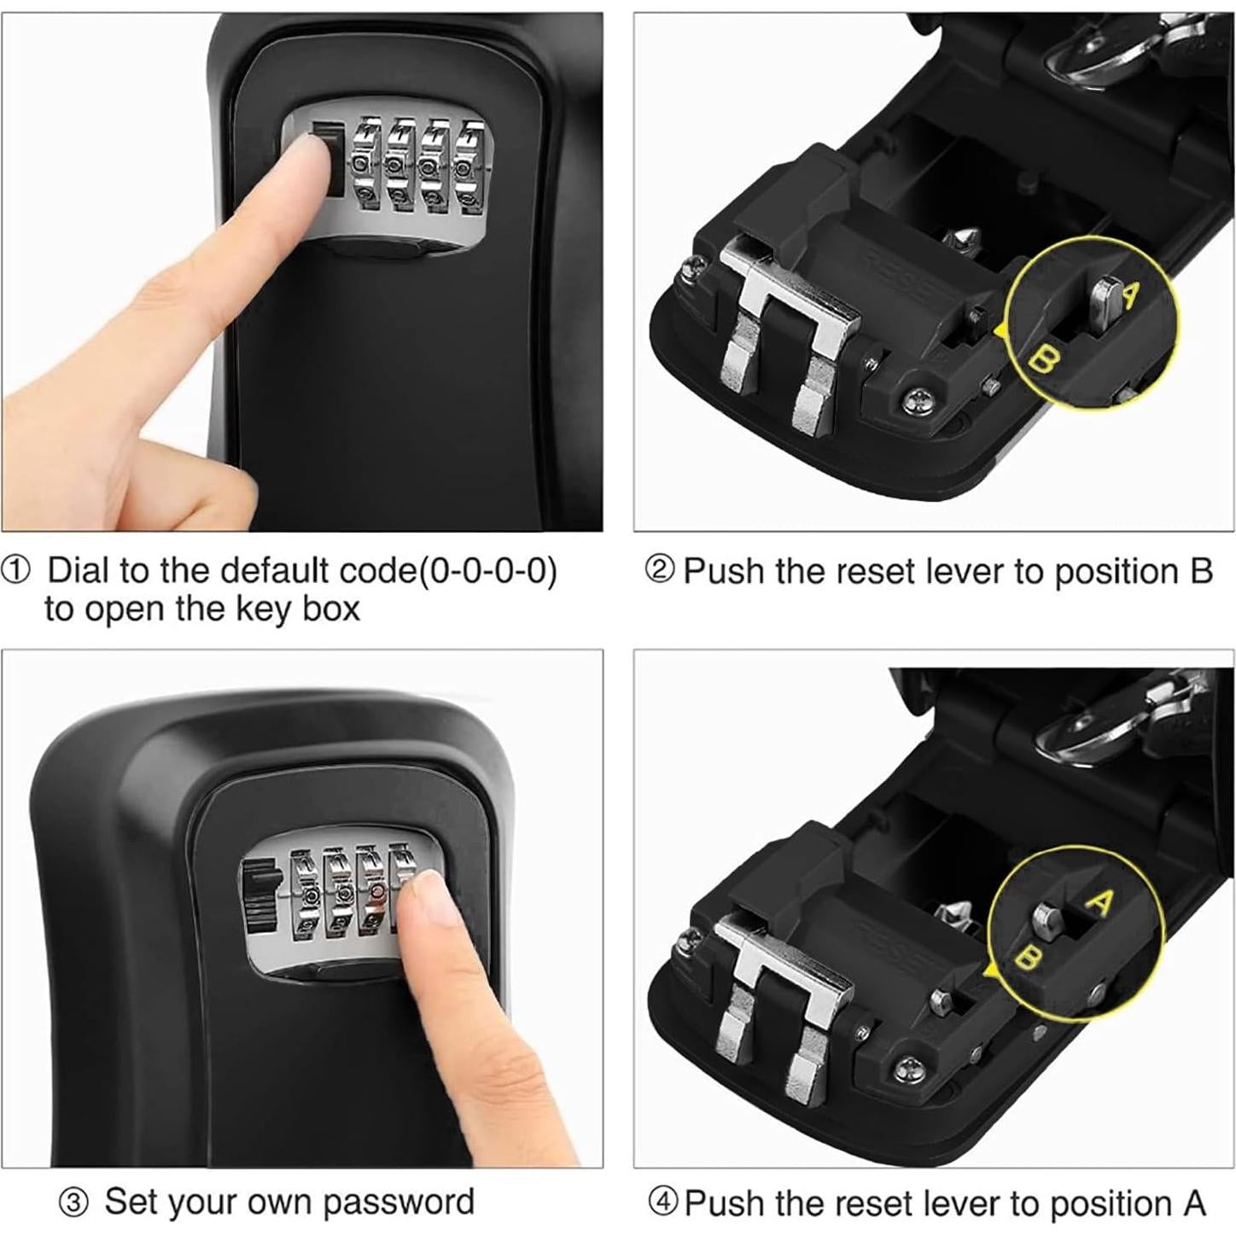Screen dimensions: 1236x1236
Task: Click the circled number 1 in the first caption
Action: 16,569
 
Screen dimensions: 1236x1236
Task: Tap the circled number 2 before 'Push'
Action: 660,569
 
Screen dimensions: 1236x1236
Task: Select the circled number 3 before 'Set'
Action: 74,1204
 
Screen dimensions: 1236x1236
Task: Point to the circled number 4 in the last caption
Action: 663,1204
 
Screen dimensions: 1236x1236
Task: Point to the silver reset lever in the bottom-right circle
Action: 1047,919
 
